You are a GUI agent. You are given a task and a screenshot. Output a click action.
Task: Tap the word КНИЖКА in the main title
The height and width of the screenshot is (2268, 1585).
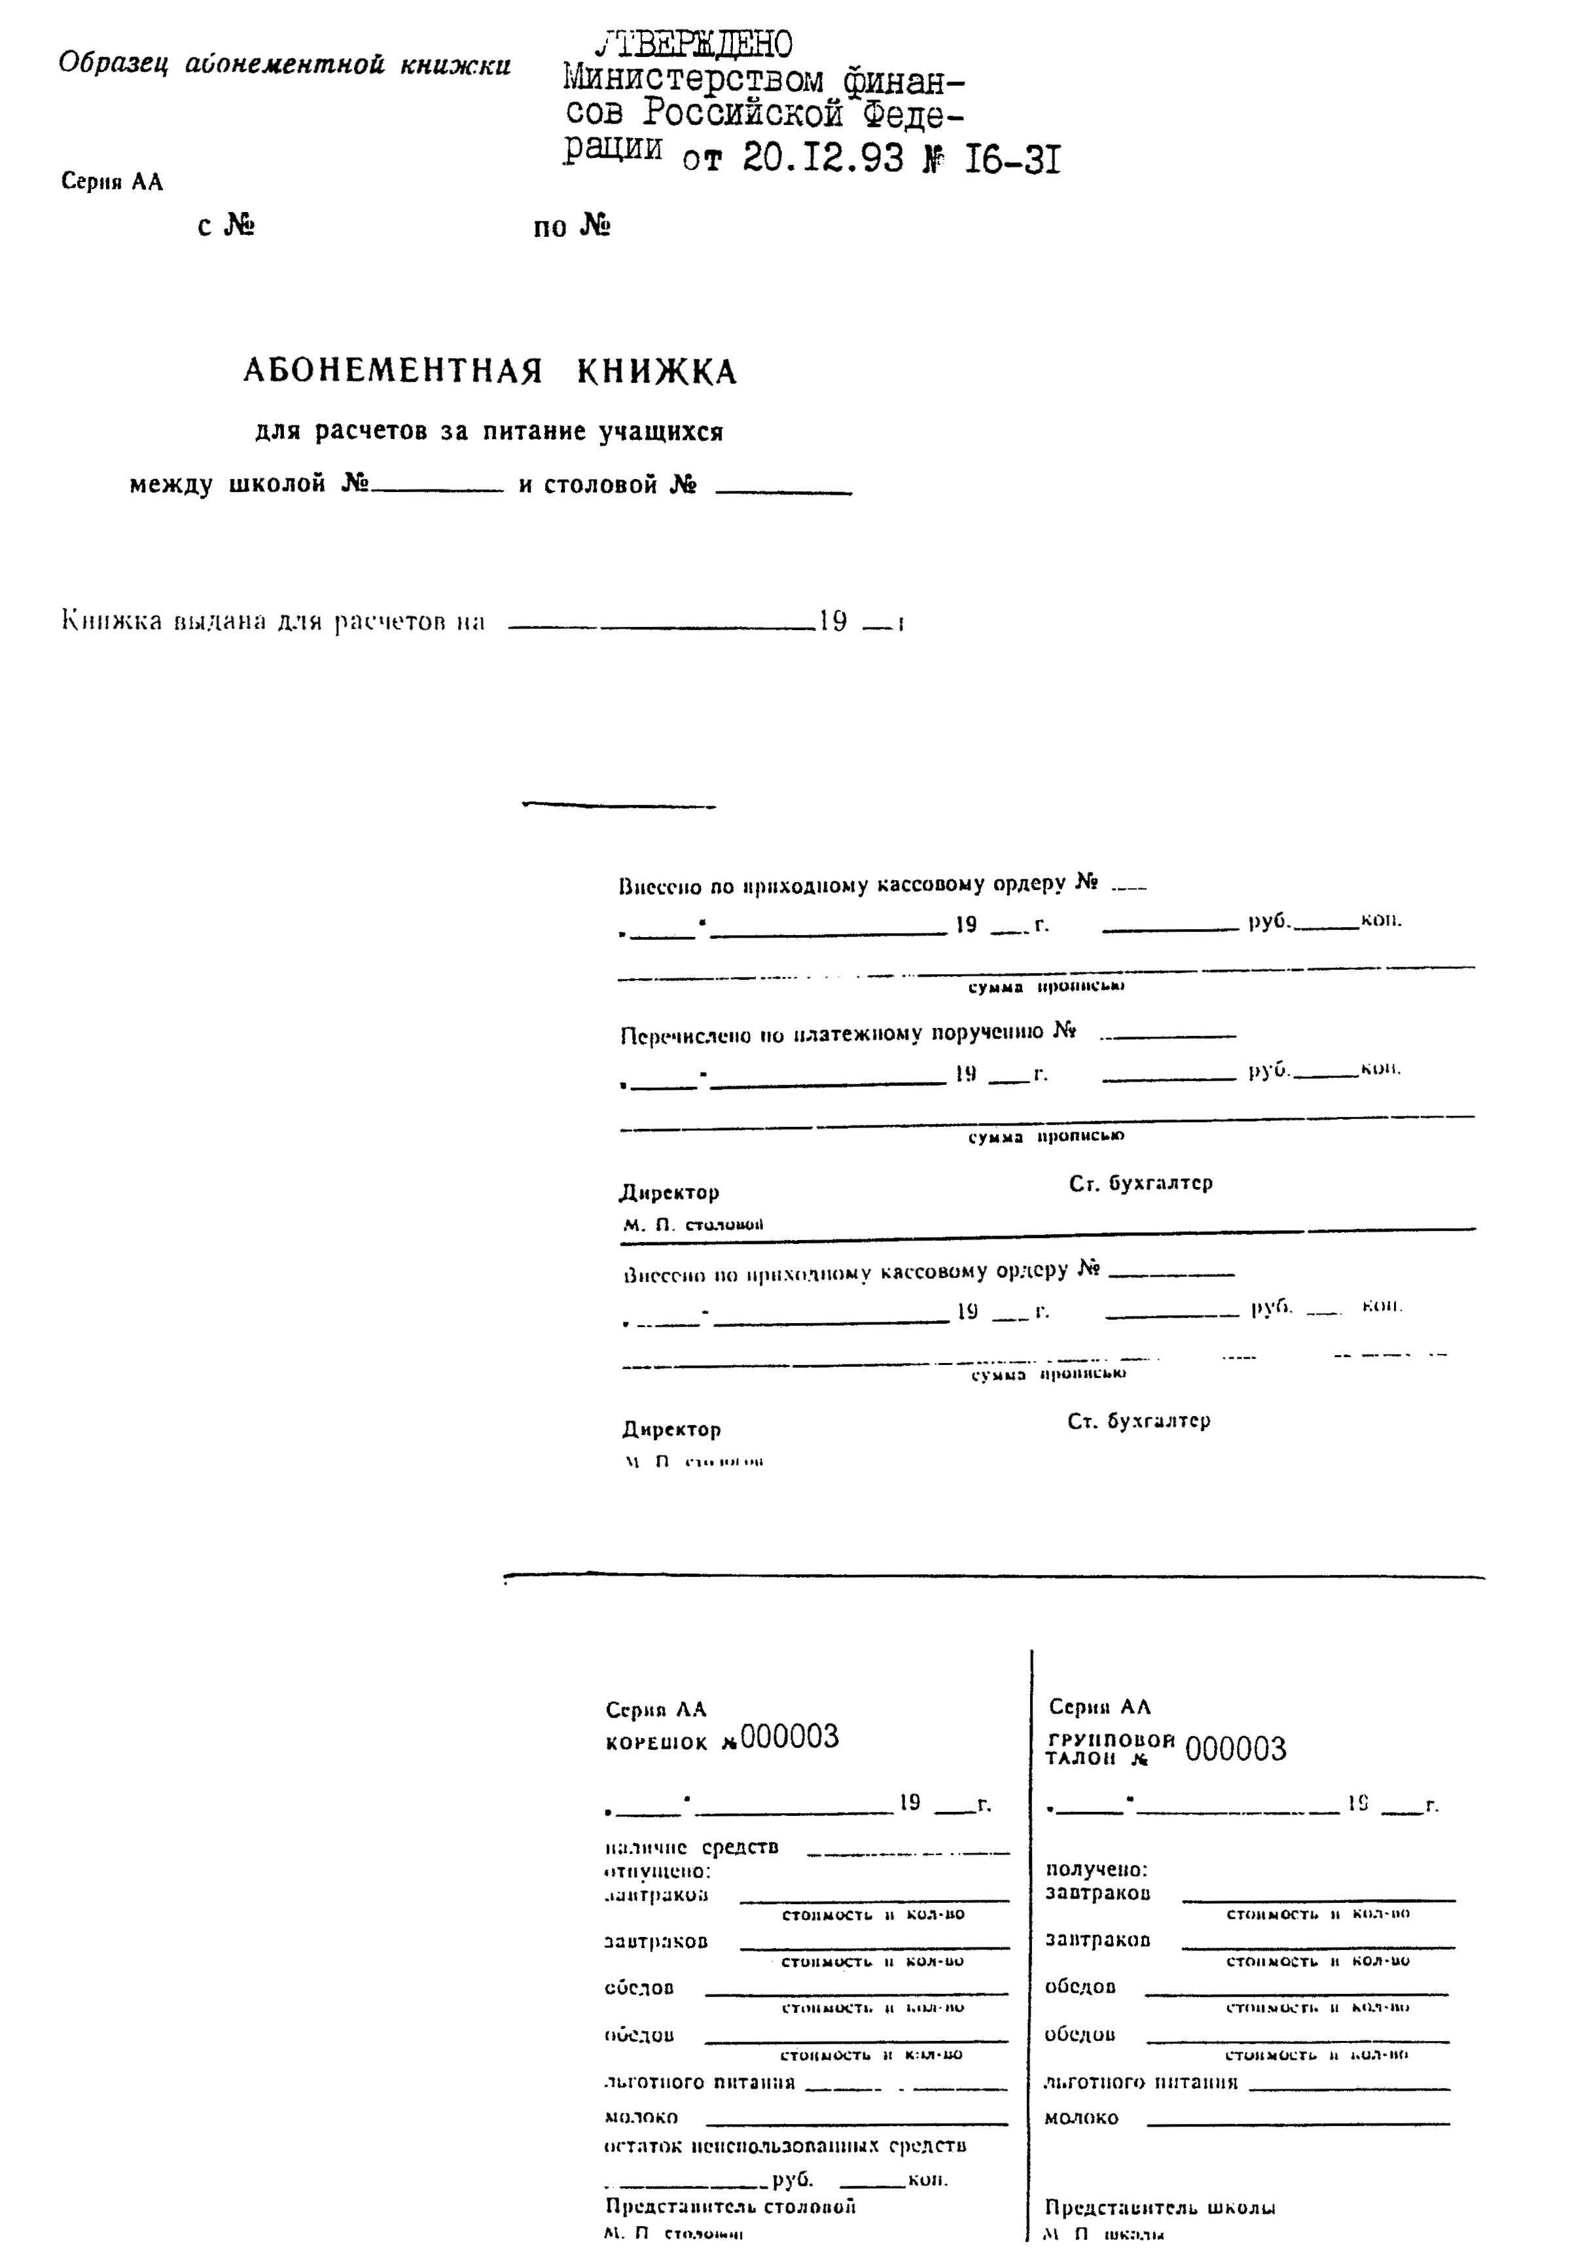coord(656,372)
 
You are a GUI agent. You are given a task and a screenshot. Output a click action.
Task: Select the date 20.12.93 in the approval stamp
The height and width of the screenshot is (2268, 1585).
coord(822,158)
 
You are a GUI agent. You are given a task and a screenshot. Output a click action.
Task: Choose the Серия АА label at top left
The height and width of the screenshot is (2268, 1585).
coord(112,182)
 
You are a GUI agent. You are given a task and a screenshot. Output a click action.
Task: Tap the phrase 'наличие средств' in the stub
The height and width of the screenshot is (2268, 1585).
coord(690,1847)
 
